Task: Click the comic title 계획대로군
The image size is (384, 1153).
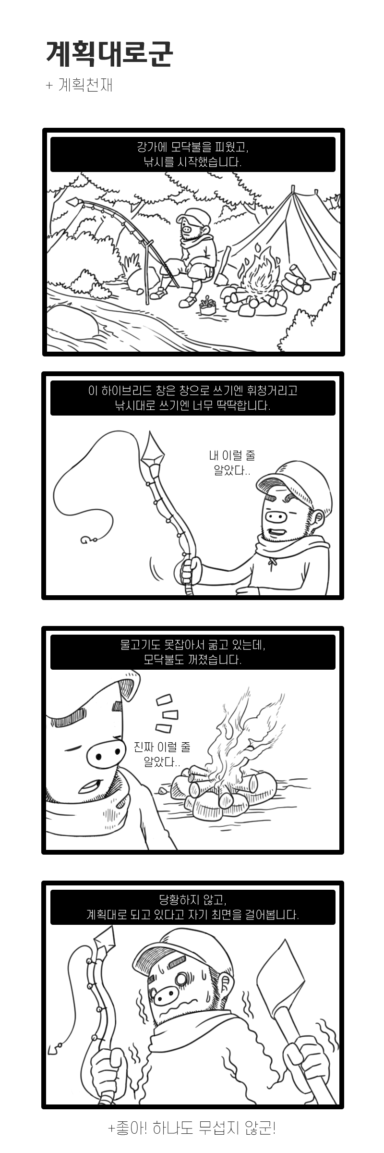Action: pyautogui.click(x=109, y=53)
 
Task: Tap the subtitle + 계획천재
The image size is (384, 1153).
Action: pyautogui.click(x=79, y=85)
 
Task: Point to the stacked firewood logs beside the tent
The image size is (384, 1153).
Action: pyautogui.click(x=295, y=282)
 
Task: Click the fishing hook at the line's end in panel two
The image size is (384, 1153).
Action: pyautogui.click(x=86, y=540)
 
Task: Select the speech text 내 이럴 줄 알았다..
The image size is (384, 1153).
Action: pyautogui.click(x=232, y=463)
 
